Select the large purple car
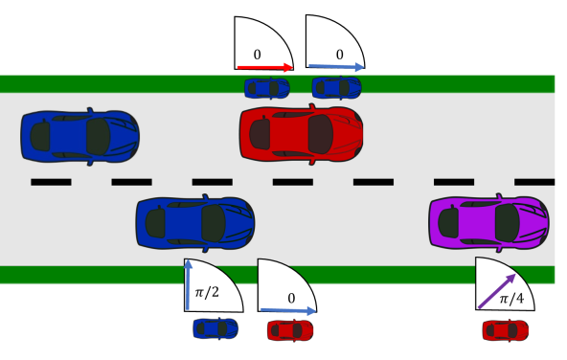(x=488, y=221)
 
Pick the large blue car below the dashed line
(x=195, y=221)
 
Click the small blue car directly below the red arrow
(x=267, y=88)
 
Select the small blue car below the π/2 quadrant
(x=215, y=328)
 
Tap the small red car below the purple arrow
(x=505, y=330)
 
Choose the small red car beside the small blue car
(x=289, y=330)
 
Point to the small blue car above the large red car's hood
(x=337, y=88)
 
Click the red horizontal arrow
(x=265, y=67)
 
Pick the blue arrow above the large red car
(x=336, y=67)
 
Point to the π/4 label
(x=513, y=300)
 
